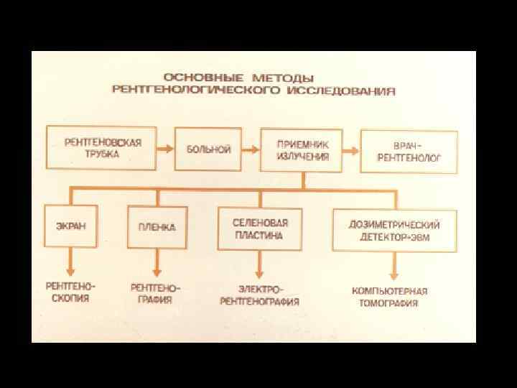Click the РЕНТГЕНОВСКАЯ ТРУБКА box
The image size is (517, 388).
[103, 148]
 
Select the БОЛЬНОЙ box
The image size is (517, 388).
[208, 149]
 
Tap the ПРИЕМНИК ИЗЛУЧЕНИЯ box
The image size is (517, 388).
[302, 150]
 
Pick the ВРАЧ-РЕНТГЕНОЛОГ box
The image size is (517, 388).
[409, 151]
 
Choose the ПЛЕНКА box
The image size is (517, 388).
[157, 226]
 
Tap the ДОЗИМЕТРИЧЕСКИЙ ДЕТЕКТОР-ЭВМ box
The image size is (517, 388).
[394, 231]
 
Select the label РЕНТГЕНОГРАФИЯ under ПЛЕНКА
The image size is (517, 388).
[155, 294]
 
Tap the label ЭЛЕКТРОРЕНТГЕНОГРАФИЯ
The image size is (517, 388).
[258, 295]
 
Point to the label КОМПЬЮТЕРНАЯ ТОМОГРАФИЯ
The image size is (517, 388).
[390, 297]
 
